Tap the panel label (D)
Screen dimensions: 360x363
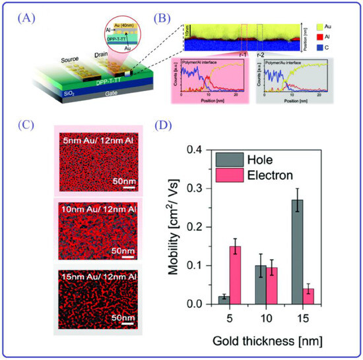coord(186,125)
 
